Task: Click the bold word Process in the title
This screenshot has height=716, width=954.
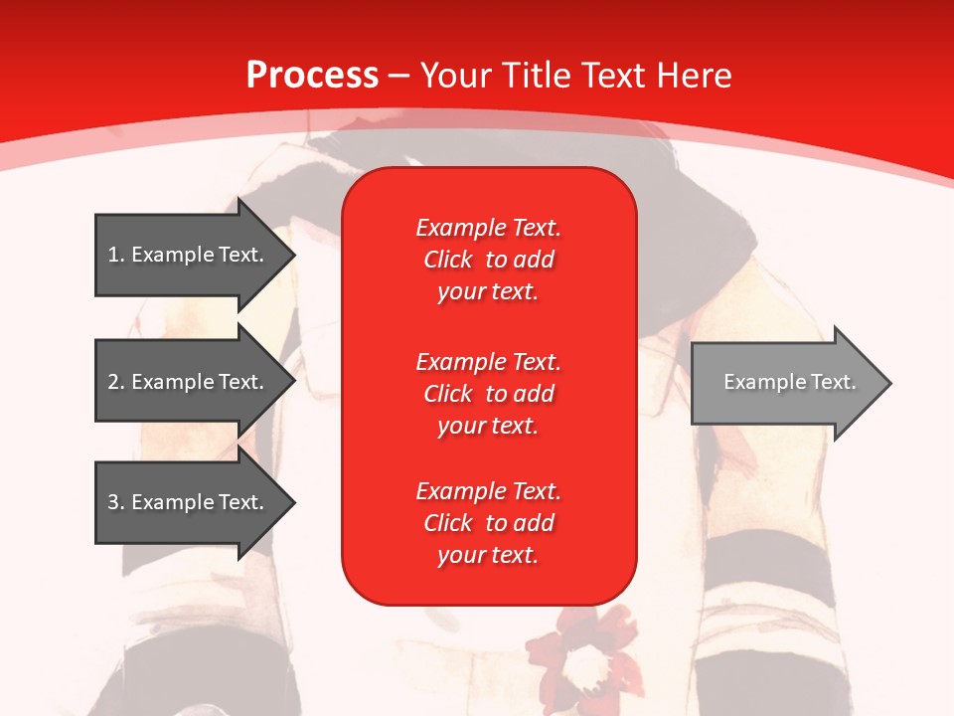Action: pyautogui.click(x=312, y=76)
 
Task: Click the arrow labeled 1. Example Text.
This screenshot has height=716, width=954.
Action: pyautogui.click(x=186, y=255)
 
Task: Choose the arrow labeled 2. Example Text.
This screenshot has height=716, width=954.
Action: pyautogui.click(x=186, y=382)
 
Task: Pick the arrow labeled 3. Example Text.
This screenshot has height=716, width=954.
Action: pyautogui.click(x=186, y=502)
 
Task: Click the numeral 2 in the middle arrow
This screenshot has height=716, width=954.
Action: pyautogui.click(x=113, y=382)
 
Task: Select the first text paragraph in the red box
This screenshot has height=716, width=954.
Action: pyautogui.click(x=488, y=260)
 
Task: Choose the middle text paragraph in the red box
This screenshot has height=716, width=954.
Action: pyautogui.click(x=488, y=394)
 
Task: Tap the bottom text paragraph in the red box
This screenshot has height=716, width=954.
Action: pyautogui.click(x=488, y=523)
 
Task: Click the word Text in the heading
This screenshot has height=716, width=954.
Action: pyautogui.click(x=617, y=76)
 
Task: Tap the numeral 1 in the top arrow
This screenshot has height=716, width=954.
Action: pyautogui.click(x=113, y=255)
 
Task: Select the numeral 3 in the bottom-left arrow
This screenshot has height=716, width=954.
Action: pyautogui.click(x=113, y=502)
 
